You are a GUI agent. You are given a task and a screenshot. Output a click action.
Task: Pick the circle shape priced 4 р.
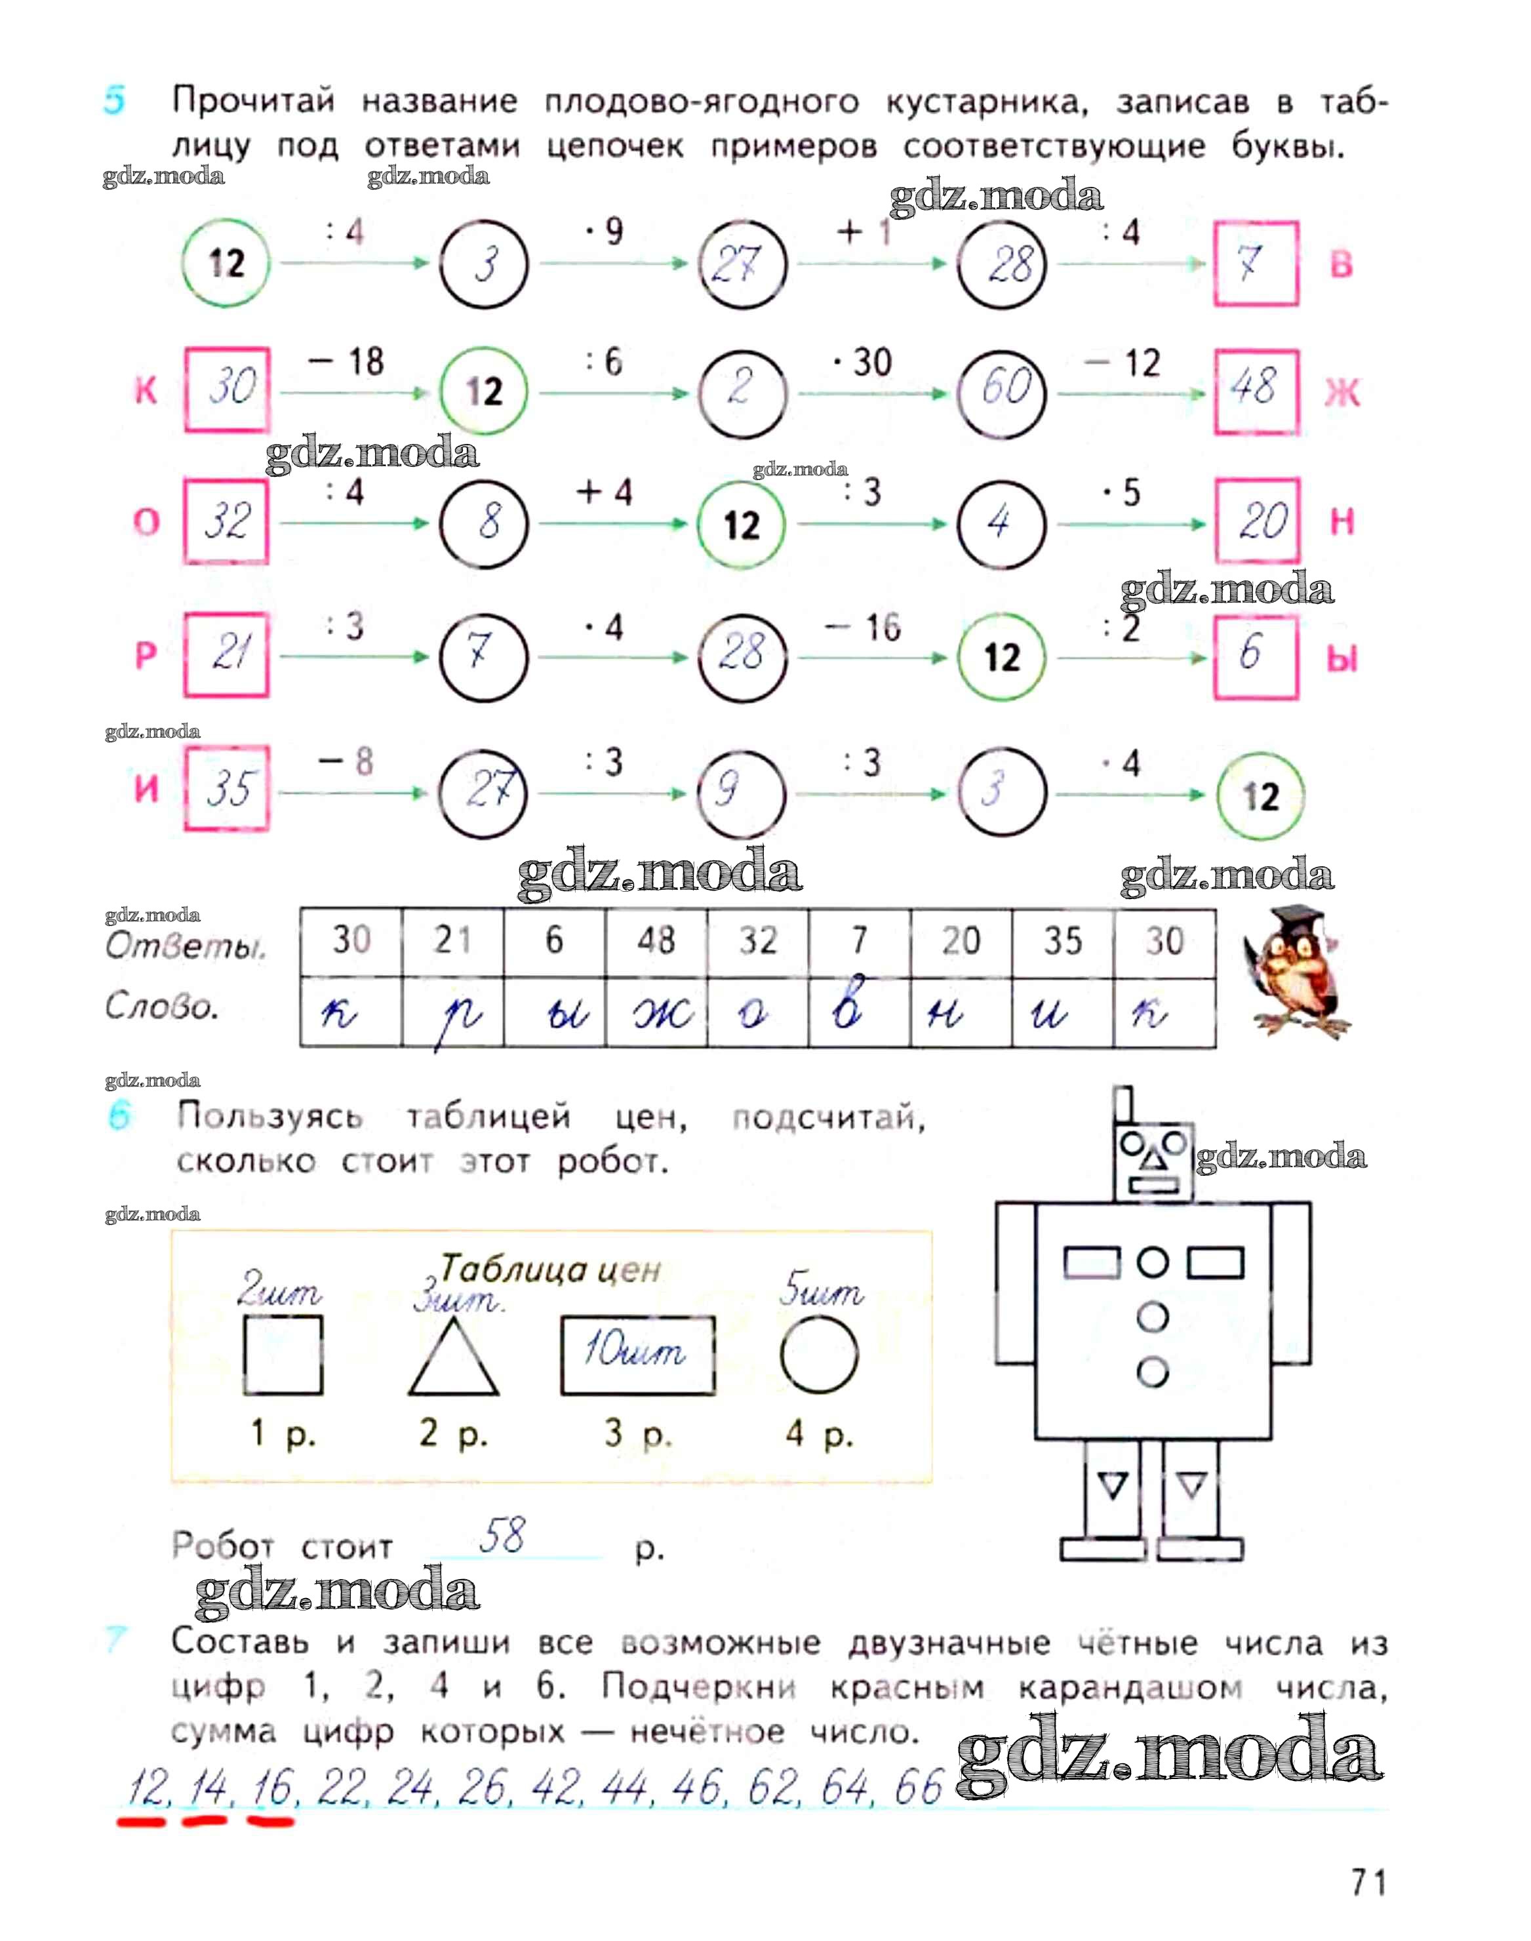(818, 1355)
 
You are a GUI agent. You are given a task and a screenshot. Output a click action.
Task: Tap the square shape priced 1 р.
(283, 1355)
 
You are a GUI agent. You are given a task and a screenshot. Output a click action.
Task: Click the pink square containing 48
(1255, 390)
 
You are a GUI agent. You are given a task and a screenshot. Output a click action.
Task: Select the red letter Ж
(1342, 393)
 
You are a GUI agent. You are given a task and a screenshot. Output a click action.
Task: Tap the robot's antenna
(1123, 1106)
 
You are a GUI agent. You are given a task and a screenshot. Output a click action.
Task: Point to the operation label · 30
(862, 363)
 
